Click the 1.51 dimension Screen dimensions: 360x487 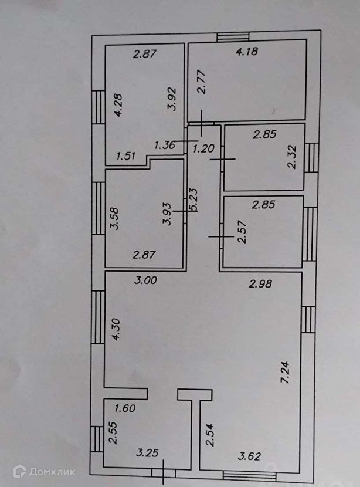tap(126, 156)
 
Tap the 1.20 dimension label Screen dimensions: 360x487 tap(203, 148)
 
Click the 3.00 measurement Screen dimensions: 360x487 tap(145, 281)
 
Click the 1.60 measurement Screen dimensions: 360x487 tap(126, 408)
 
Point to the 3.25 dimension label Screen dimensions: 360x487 tap(147, 454)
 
